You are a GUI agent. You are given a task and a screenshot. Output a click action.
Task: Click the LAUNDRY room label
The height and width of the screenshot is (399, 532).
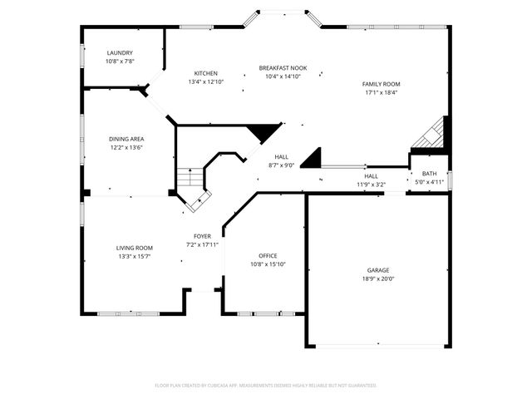[120, 52]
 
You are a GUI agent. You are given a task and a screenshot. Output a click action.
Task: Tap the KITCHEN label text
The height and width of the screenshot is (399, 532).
[206, 73]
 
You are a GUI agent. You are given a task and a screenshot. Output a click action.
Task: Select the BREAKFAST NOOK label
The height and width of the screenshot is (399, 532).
[283, 67]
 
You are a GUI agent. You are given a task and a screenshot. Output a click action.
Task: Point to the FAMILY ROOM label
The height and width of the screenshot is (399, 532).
[381, 84]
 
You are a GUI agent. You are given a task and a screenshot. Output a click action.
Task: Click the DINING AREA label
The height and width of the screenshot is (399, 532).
[127, 139]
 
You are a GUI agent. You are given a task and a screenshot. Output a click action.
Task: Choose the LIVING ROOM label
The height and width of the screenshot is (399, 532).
[134, 248]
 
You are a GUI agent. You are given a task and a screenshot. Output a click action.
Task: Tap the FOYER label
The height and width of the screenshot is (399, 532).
[202, 236]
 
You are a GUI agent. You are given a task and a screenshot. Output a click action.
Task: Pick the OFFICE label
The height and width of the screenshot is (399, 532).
[268, 255]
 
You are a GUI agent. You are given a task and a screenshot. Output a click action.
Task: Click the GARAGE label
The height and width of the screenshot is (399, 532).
[378, 270]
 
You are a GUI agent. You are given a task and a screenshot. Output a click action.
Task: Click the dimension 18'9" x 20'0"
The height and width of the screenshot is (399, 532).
[378, 279]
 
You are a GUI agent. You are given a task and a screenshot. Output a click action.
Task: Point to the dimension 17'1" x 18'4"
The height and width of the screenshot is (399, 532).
[381, 92]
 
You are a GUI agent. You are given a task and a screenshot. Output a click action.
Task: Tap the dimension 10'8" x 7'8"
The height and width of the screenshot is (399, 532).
[120, 62]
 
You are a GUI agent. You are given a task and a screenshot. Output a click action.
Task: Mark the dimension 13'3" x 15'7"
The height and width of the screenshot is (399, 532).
[134, 256]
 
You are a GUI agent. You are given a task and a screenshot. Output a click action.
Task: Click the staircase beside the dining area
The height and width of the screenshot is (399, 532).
[190, 178]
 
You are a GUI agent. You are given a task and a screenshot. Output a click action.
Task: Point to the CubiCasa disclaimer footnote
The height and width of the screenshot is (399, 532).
[266, 385]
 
